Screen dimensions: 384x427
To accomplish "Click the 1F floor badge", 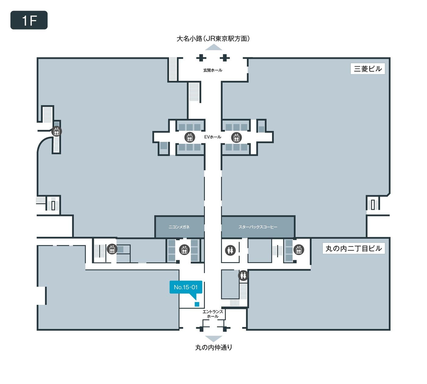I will point(29,20).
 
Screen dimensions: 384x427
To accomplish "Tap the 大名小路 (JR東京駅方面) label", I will point(213,39).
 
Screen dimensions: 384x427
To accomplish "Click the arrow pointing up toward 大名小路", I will point(213,47).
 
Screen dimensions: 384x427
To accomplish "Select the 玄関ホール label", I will point(213,70).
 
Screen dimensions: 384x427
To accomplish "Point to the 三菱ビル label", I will point(368,69).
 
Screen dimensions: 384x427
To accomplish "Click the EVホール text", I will point(213,137).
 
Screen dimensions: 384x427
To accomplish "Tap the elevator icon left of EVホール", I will point(190,137).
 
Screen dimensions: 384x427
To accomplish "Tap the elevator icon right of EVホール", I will point(236,137).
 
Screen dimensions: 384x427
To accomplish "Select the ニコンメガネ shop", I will point(179,227).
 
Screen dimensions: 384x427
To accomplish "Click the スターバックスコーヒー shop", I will point(258,227).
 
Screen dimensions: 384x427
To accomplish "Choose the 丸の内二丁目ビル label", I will point(354,248).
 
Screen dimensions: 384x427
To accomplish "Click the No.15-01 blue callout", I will point(186,287).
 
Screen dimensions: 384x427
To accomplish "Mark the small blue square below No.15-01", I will point(197,304).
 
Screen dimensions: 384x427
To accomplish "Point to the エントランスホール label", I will point(213,314).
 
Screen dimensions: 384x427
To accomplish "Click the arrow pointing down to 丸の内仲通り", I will point(213,339).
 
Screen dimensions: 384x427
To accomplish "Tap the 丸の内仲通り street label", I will point(213,347).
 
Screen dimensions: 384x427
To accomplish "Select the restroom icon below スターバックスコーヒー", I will point(230,250).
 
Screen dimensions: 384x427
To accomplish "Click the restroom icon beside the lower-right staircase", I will point(243,276).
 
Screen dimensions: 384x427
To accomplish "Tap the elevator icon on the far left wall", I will point(57,131).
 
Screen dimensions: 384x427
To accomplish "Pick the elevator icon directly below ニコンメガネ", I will point(184,250).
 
